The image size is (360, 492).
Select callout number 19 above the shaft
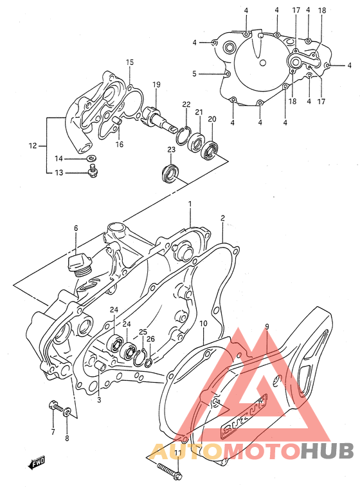pos(156,85)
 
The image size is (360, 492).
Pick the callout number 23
pos(172,150)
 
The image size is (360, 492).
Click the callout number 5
pos(194,74)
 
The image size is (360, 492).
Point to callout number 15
pos(130,62)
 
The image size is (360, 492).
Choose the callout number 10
pos(203,323)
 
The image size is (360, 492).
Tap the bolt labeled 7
pos(53,407)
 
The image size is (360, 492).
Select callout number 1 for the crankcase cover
pos(190,204)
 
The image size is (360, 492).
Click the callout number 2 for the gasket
pos(222,219)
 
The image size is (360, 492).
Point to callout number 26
pos(150,339)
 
